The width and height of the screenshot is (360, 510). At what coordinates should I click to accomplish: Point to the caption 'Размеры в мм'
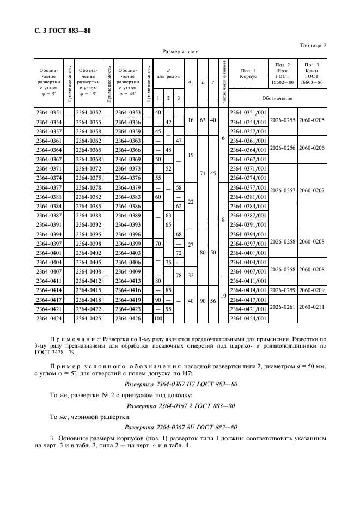click(x=180, y=52)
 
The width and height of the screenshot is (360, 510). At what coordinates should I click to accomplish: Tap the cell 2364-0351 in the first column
click(x=48, y=112)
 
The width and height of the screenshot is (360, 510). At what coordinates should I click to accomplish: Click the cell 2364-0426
click(x=128, y=318)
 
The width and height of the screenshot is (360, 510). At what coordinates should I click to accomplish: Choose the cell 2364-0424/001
click(x=247, y=318)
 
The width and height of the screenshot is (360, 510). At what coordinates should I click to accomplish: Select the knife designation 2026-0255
click(x=283, y=122)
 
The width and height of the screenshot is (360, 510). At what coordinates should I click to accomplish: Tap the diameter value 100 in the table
click(x=158, y=318)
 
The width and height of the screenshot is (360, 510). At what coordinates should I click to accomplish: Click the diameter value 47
click(x=178, y=141)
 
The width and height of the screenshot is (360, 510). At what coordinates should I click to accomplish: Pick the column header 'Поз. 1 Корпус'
click(x=248, y=74)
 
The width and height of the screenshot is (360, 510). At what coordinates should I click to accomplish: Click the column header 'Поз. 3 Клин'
click(x=312, y=74)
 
